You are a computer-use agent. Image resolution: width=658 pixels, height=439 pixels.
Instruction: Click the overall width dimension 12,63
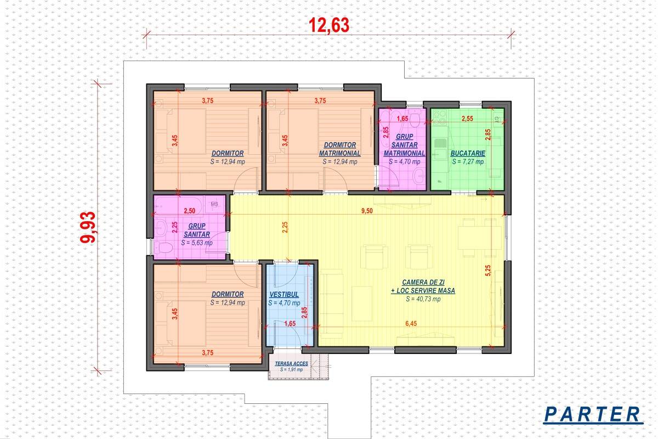pos(329,25)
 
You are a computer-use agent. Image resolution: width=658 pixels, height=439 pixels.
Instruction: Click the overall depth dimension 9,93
pos(88,227)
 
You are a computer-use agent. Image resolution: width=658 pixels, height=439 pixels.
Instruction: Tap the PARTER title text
pos(593,415)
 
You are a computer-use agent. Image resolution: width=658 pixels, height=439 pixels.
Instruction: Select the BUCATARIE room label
pos(468,153)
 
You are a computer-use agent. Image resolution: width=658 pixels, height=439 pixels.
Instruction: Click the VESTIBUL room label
pos(284,294)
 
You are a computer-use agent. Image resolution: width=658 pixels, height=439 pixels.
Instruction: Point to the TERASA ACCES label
pos(291,363)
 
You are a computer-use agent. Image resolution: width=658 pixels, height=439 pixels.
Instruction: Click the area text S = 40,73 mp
pos(423,299)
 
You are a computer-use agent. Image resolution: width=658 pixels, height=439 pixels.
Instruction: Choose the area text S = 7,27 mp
pos(468,162)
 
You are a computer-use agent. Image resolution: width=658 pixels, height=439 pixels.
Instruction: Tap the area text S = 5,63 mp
pos(196,243)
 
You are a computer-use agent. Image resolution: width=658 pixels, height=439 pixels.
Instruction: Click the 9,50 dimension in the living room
pos(367,211)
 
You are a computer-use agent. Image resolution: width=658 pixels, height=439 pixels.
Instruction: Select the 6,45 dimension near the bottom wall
pos(411,323)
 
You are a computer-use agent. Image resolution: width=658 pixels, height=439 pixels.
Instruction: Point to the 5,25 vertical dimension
pos(488,271)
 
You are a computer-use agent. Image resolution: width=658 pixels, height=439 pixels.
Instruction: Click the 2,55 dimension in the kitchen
pos(467,119)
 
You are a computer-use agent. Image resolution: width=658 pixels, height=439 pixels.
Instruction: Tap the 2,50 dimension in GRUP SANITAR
pos(189,211)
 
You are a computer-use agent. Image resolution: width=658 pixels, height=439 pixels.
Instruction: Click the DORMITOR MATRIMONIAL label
pos(340,149)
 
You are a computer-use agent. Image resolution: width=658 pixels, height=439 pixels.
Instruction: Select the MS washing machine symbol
pos(214,204)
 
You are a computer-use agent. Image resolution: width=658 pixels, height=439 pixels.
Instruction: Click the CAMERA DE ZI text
pos(423,282)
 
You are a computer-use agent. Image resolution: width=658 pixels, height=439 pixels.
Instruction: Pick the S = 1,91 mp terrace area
pos(291,370)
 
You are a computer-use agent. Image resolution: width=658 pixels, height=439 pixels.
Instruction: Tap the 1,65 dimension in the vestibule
pos(290,323)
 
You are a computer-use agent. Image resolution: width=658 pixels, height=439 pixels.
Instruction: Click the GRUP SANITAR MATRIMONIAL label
pos(404,145)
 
